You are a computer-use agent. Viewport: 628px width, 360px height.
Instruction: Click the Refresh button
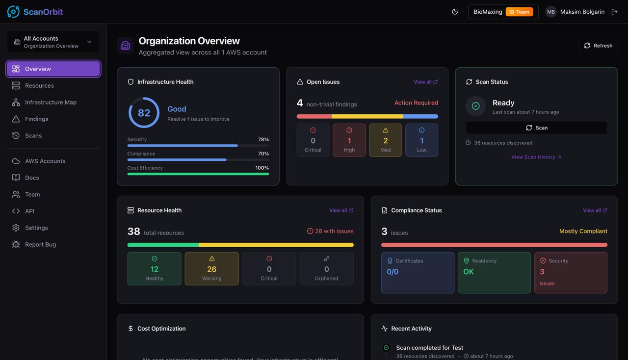pos(598,46)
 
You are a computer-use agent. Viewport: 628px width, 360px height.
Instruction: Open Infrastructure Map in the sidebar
pos(51,102)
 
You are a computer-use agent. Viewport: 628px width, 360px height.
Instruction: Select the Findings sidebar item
pos(37,119)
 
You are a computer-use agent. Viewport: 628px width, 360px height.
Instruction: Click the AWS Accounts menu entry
pos(45,161)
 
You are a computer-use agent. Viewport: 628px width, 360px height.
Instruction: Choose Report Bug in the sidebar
pos(40,244)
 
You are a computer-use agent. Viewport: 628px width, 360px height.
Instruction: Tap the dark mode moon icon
pos(455,12)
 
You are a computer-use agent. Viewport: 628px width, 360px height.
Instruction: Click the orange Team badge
pos(519,12)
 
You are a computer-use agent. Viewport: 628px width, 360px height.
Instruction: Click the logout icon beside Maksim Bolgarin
pos(614,12)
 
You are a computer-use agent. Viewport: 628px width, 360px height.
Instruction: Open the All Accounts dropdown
pos(53,42)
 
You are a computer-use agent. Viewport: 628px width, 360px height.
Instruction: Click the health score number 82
pos(144,113)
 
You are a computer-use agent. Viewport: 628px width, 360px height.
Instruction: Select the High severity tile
pos(349,140)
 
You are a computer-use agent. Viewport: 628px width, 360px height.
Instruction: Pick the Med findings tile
pos(385,140)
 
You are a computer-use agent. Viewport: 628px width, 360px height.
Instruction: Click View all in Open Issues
pos(425,82)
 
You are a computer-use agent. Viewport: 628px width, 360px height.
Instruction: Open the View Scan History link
pos(536,157)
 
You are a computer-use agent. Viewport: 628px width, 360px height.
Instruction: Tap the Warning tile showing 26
pos(211,269)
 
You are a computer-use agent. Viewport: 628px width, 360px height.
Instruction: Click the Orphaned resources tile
pos(326,269)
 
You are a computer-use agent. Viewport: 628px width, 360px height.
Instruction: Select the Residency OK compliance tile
pos(494,273)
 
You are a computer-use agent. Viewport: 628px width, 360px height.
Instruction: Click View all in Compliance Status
pos(595,210)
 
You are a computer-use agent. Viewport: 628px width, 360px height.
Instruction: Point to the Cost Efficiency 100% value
pos(262,168)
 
